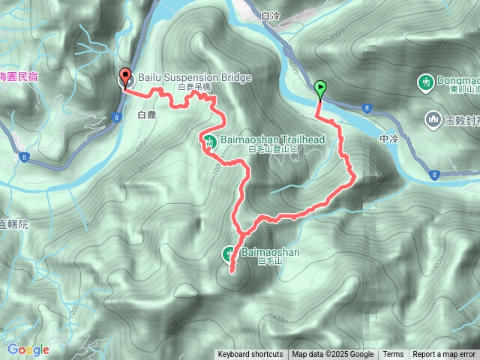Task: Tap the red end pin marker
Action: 124,77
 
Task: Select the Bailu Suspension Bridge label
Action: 193,77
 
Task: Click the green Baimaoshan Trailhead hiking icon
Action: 210,139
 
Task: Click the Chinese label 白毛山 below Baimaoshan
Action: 268,262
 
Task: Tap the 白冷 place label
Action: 271,15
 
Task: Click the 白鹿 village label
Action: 146,115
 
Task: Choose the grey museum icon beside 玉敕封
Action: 433,118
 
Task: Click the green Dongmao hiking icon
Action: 427,80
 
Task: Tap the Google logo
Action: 28,349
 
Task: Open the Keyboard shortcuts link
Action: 250,355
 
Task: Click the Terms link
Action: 393,355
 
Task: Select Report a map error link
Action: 444,355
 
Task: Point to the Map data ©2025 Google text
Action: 332,355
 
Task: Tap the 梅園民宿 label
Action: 18,76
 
